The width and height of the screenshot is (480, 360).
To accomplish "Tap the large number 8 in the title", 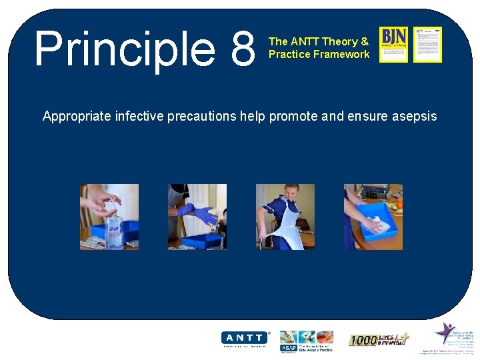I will [x=241, y=48].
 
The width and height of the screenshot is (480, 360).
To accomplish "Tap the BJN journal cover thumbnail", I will [x=393, y=44].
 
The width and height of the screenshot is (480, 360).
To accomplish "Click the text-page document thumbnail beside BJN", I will [x=427, y=44].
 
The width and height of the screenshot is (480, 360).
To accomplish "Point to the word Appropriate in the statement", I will [x=77, y=116].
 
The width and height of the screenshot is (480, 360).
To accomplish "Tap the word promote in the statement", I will [x=294, y=116].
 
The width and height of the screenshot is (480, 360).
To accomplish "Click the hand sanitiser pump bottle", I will [x=114, y=231].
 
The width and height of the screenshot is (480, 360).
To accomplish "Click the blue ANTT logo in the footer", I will [x=245, y=338].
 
